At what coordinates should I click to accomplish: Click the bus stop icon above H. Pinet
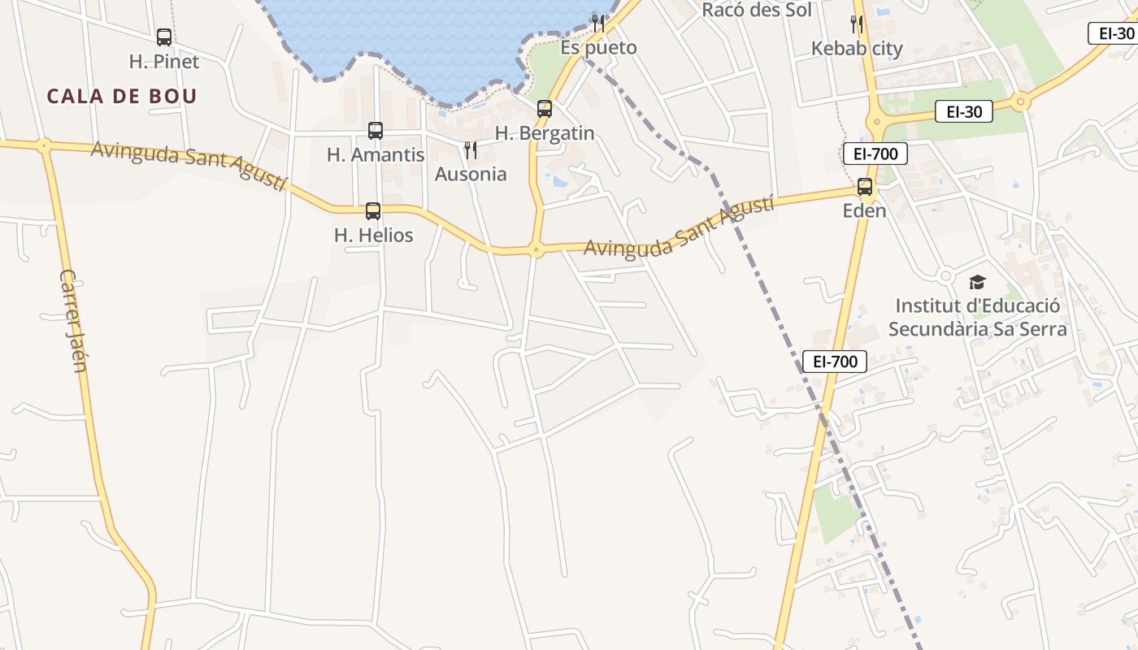(164, 37)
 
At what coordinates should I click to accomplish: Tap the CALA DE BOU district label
(122, 96)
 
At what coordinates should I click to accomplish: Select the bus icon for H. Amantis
(376, 131)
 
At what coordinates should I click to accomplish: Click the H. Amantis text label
(376, 154)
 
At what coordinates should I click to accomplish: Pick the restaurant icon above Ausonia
(470, 150)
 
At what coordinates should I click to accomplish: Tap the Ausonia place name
(471, 174)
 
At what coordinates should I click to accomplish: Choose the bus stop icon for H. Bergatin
(545, 109)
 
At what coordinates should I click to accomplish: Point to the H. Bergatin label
(545, 133)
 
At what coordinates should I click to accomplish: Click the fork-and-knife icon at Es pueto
(598, 23)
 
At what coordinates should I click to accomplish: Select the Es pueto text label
(598, 48)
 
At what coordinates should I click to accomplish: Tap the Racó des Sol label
(757, 10)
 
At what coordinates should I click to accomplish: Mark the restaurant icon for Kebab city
(857, 24)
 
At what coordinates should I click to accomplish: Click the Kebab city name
(857, 49)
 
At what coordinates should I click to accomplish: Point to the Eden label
(865, 211)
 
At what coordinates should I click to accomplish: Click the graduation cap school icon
(977, 283)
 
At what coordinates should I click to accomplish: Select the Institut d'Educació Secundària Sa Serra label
(977, 318)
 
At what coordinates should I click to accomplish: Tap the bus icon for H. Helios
(373, 211)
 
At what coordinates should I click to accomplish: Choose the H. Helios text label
(374, 236)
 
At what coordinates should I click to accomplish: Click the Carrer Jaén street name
(73, 320)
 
